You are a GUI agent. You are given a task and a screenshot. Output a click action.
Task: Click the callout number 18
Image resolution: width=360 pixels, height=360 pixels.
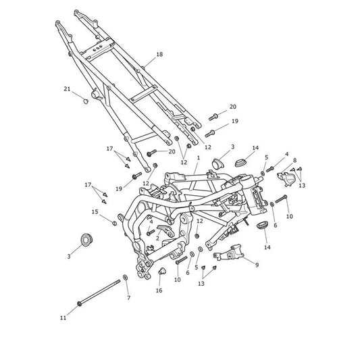coord(159,55)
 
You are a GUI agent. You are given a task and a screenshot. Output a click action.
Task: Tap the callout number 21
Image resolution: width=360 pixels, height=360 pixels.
coord(67,89)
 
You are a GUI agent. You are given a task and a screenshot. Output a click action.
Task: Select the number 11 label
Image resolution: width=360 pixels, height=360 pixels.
coord(63,317)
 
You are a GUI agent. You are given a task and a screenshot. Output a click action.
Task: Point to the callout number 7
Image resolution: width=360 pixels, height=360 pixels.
coord(128,298)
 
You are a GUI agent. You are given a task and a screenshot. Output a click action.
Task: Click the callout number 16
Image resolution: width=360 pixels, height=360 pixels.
coord(159,290)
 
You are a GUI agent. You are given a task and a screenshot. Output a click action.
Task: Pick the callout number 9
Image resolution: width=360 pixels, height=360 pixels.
coord(257,265)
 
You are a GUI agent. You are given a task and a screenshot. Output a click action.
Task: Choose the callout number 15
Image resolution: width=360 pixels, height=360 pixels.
coord(95,211)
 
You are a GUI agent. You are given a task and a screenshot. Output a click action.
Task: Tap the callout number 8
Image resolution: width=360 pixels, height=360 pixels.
coord(294,160)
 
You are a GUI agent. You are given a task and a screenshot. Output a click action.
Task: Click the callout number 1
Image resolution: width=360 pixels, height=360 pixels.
coord(199,158)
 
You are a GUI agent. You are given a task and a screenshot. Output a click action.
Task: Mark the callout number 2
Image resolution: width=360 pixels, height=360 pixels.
coord(157,238)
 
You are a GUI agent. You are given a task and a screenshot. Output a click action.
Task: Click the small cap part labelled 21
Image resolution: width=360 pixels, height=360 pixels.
coord(86,101)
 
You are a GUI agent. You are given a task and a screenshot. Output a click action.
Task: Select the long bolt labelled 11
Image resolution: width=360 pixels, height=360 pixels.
coord(99,292)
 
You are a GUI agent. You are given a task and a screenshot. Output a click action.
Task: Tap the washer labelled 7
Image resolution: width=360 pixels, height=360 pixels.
coord(126,278)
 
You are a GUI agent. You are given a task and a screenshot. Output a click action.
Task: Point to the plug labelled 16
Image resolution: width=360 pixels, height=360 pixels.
coord(162,272)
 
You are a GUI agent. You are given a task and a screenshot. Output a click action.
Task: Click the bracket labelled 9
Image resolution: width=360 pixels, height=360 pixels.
coord(229,253)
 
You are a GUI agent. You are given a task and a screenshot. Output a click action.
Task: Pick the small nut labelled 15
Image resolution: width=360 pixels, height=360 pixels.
coord(114,223)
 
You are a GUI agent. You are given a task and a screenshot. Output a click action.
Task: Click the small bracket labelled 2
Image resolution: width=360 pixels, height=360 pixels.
coord(165,230)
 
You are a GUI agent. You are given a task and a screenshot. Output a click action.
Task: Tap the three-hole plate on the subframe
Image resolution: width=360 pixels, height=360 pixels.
coord(97,49)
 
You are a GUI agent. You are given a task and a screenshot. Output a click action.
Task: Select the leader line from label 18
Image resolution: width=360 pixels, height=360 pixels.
coord(150,61)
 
